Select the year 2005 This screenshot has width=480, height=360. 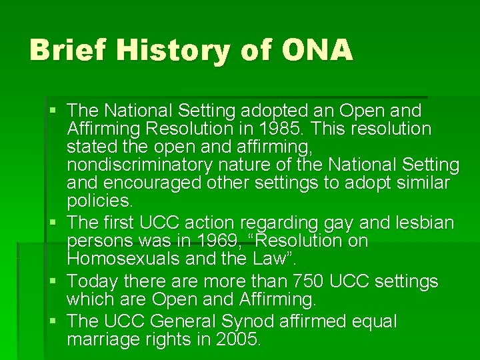click(x=238, y=339)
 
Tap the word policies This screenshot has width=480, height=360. click(x=99, y=201)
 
